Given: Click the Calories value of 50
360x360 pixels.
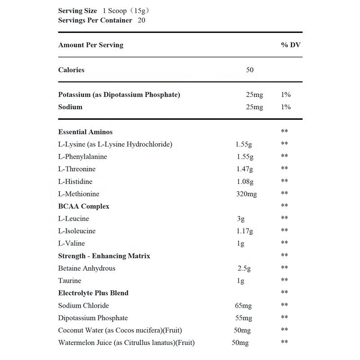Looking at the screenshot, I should coord(250,70).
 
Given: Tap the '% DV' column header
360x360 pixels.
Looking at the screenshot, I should coord(291,45).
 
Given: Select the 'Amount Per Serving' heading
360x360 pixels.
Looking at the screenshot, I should coord(90,45).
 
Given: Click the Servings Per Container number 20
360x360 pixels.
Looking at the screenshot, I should coord(142,20).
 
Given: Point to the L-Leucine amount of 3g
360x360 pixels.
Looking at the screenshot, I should coord(241,219).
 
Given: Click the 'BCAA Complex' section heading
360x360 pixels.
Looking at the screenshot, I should coord(84,206).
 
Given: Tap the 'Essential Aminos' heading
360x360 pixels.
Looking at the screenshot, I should coord(85,132).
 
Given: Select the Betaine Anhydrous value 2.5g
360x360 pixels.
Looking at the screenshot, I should coord(244,268).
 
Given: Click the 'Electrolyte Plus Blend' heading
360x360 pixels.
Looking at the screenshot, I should coord(93,293).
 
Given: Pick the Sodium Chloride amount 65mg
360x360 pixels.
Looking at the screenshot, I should coord(243,306).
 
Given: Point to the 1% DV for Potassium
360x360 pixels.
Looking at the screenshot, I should coord(286,94).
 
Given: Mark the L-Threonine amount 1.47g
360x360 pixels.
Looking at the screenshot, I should coord(245,169).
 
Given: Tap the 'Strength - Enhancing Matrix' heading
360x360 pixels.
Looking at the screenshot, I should coord(104,256).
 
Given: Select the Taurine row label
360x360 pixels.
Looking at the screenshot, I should coord(70,280).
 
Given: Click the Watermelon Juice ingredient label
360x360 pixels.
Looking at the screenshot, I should coord(126,342).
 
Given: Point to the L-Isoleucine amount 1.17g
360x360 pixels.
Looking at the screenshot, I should coord(245,231).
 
